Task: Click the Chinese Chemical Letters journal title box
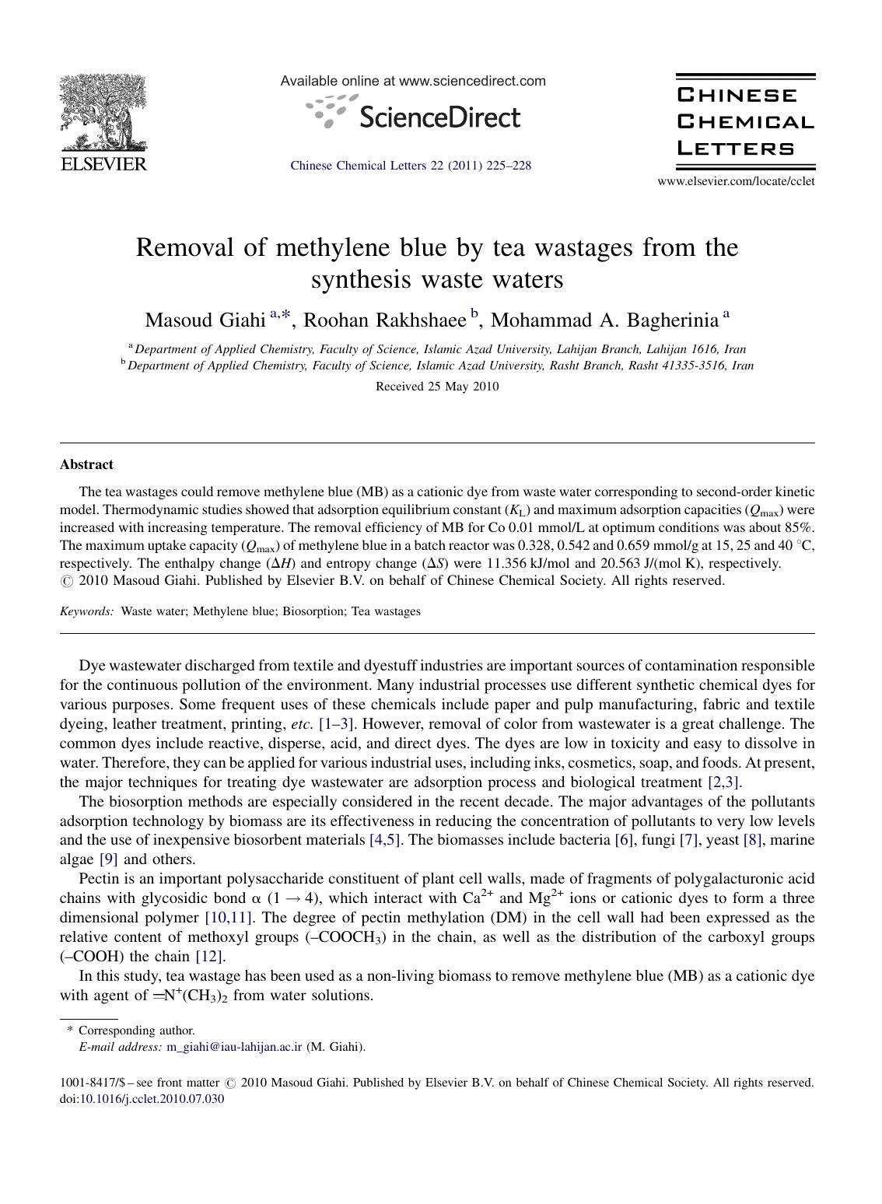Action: tap(745, 122)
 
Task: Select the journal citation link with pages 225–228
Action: tap(411, 166)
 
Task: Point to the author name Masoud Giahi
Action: tap(205, 320)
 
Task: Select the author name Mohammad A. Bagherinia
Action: tap(604, 320)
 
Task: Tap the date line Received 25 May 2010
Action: tap(437, 387)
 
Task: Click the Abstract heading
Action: tap(86, 464)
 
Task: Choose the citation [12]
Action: tap(210, 957)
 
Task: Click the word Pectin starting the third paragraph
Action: tap(97, 879)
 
